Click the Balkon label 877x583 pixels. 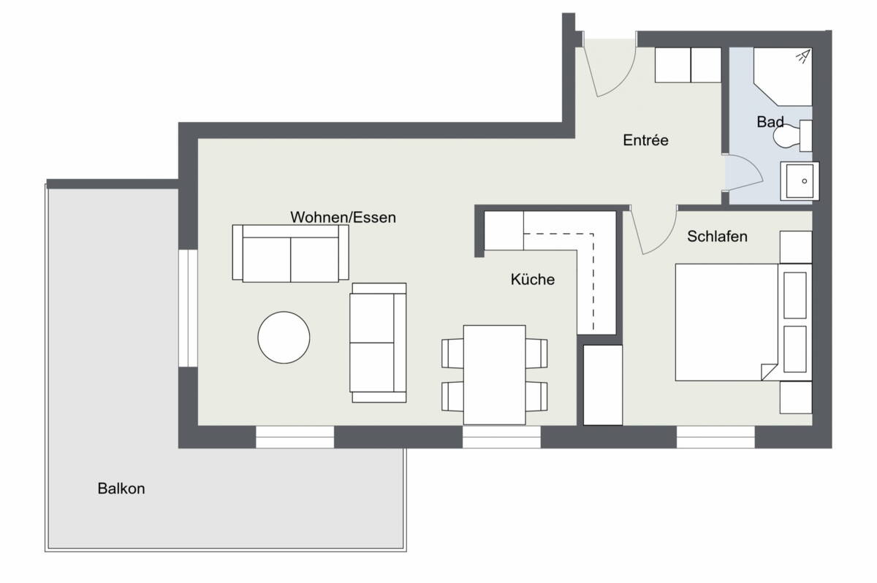click(121, 489)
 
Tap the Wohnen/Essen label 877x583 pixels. click(343, 217)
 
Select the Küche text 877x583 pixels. click(532, 279)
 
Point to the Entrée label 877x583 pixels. click(645, 140)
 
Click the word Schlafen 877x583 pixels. click(717, 237)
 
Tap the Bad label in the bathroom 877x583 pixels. click(770, 122)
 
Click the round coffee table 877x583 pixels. click(284, 338)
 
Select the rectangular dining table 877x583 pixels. click(495, 374)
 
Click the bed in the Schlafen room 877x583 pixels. click(724, 321)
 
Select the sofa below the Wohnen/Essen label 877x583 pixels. click(290, 253)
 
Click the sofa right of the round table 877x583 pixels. click(378, 342)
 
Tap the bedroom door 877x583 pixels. click(654, 230)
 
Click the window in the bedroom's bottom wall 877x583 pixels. click(715, 436)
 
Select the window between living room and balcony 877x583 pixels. click(189, 308)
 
